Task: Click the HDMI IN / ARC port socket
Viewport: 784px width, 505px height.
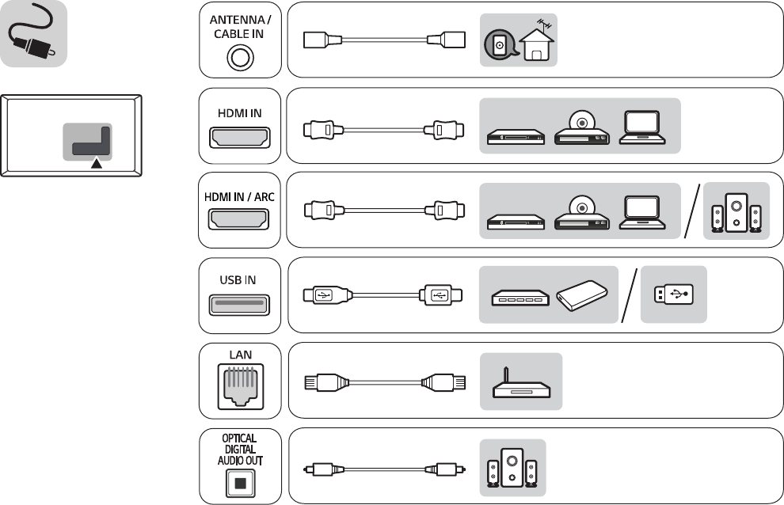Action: pyautogui.click(x=238, y=219)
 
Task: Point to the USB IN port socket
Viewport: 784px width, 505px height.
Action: pyautogui.click(x=238, y=304)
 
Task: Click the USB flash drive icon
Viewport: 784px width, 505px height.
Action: pyautogui.click(x=673, y=294)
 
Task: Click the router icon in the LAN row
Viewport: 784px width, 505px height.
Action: pyautogui.click(x=520, y=385)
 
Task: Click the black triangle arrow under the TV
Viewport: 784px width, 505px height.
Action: pyautogui.click(x=96, y=163)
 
